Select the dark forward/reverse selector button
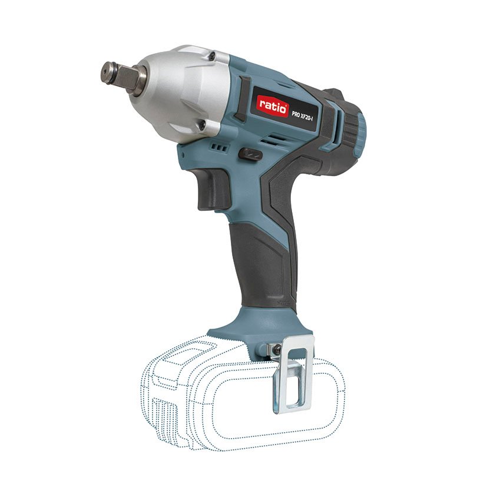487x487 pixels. pos(250,154)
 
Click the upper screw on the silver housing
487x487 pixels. pos(211,56)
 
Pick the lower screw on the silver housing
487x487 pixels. pos(201,125)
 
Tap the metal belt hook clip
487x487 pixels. pos(293,377)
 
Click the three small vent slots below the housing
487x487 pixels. pos(220,147)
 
